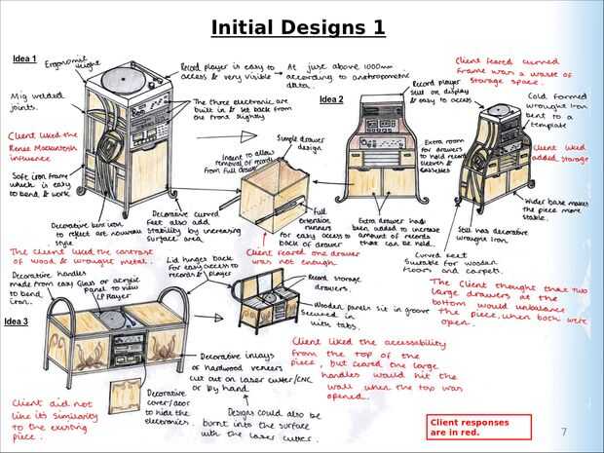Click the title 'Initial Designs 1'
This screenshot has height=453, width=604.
(297, 26)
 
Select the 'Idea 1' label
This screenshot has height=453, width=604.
(24, 59)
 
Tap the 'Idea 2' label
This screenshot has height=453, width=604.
(332, 99)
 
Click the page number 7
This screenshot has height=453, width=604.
(563, 431)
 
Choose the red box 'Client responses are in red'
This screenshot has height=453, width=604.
(480, 427)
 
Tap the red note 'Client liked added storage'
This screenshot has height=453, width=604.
(560, 154)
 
